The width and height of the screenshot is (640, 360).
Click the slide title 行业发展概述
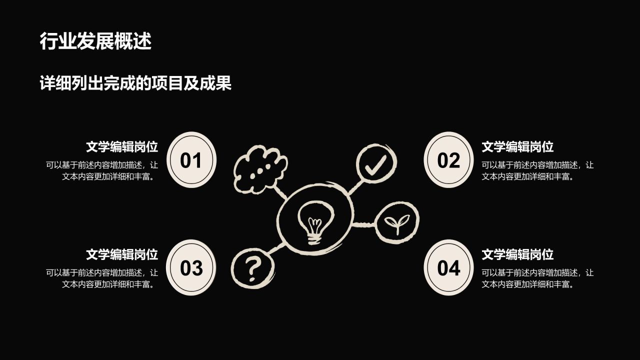[x=95, y=41]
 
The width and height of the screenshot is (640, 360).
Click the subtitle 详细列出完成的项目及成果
[x=135, y=83]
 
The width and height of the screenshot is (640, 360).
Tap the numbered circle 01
[x=191, y=159]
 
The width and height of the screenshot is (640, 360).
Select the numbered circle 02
[x=448, y=159]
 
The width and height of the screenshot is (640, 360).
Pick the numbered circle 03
[x=191, y=267]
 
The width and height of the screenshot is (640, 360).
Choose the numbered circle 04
[x=448, y=267]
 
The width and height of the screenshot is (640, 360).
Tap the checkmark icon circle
[x=376, y=162]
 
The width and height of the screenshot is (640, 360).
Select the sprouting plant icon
[x=397, y=222]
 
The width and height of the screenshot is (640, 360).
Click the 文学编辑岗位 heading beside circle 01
[x=122, y=147]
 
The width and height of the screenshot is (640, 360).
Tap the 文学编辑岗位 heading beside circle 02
[x=517, y=147]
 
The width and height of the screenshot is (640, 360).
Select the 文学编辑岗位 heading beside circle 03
[x=122, y=254]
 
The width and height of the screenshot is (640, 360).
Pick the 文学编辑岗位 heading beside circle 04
[x=517, y=254]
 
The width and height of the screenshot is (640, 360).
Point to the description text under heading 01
[x=102, y=171]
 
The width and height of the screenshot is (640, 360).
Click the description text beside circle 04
[x=537, y=278]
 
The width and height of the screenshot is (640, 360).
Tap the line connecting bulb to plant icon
[x=364, y=224]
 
